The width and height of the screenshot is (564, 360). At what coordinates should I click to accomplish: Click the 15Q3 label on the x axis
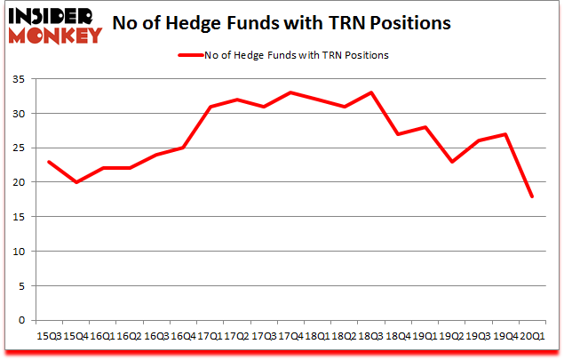[48, 336]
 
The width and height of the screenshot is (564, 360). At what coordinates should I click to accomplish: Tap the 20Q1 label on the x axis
[532, 336]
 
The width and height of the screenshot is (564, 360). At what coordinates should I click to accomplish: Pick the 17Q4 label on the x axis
[290, 336]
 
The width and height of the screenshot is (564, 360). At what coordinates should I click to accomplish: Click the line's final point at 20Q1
[532, 196]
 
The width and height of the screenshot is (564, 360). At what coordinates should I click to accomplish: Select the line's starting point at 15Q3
[48, 162]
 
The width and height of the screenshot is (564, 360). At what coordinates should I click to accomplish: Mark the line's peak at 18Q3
[370, 92]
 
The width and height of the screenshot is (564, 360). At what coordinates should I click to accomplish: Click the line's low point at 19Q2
[451, 162]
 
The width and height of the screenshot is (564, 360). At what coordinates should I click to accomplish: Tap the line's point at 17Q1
[210, 107]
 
